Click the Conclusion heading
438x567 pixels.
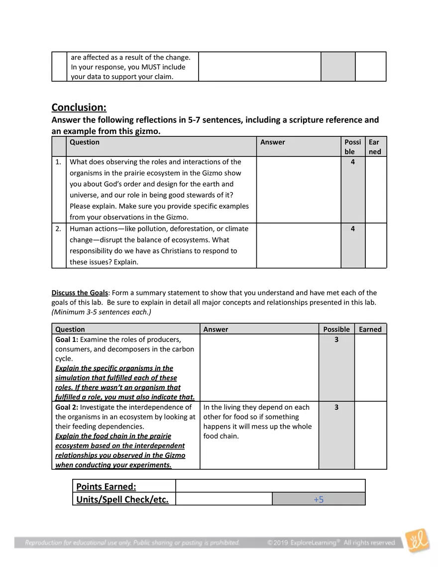(79, 108)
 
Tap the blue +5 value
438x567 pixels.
(319, 499)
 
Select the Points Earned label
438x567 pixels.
(106, 486)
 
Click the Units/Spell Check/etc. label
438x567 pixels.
(122, 499)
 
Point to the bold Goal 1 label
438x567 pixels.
(67, 340)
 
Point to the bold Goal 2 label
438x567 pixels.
(67, 407)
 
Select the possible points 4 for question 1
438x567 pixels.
(353, 162)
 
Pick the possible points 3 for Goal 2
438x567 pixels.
(336, 407)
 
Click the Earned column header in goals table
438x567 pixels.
(370, 329)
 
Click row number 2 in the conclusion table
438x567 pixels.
(59, 229)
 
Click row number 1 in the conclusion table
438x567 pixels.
(59, 162)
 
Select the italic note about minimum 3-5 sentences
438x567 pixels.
(102, 312)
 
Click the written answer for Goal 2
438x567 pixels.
(257, 422)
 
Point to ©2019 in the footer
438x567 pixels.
(277, 543)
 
